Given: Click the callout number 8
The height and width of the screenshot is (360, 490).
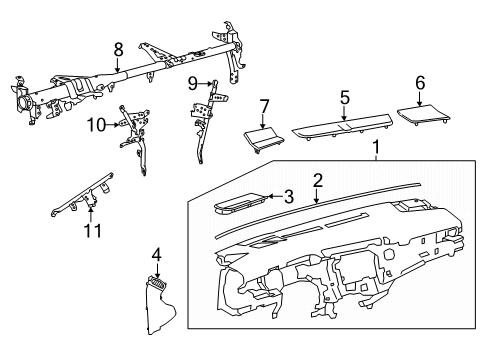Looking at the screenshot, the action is tap(118, 50).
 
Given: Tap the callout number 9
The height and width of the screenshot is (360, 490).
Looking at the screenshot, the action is tap(193, 83).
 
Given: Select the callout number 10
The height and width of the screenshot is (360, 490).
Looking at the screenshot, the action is tap(96, 125).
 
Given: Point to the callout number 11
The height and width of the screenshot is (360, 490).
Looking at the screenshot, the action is tap(92, 231).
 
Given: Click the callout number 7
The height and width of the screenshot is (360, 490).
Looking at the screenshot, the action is tap(263, 107).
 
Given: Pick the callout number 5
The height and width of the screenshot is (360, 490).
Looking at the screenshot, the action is tap(345, 98).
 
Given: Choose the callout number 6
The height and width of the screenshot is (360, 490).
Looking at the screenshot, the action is tap(420, 83).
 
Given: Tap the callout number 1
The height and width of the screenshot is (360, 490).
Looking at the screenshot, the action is tap(376, 147).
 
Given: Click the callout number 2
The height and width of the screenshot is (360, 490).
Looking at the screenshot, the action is tap(318, 180).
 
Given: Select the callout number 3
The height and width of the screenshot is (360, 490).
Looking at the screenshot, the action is tap(289, 197).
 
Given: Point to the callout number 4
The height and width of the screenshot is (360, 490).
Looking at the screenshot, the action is tap(156, 255).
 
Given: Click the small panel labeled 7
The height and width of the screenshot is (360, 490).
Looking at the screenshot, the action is tap(264, 141).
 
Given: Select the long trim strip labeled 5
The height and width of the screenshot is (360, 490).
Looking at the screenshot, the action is tap(342, 128).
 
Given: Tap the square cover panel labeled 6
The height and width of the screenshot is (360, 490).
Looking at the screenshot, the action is tap(423, 115).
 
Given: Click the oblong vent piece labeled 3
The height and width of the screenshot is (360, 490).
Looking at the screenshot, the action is tap(240, 203).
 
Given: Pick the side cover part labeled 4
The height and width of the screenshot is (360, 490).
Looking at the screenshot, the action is tap(161, 305).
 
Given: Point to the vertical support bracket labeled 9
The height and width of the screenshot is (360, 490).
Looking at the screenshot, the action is tap(208, 121).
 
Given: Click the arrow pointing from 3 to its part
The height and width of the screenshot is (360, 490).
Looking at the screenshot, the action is tap(274, 196).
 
